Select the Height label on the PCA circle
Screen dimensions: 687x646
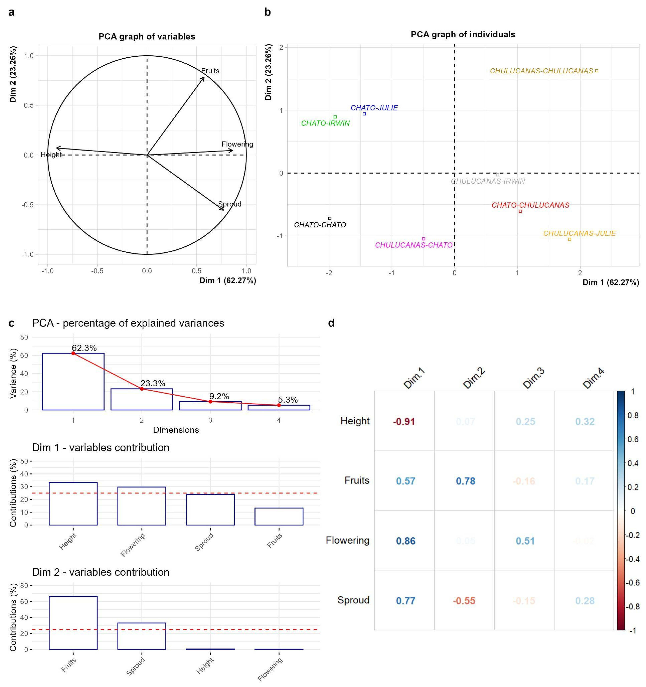(51, 155)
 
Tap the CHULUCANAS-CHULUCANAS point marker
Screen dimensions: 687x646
(597, 71)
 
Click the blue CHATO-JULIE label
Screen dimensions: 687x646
(374, 108)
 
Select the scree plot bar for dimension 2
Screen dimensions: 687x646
(142, 399)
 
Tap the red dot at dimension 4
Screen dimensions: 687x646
(279, 405)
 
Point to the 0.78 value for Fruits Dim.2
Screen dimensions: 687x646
(465, 481)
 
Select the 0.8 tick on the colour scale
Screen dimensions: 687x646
(633, 415)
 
